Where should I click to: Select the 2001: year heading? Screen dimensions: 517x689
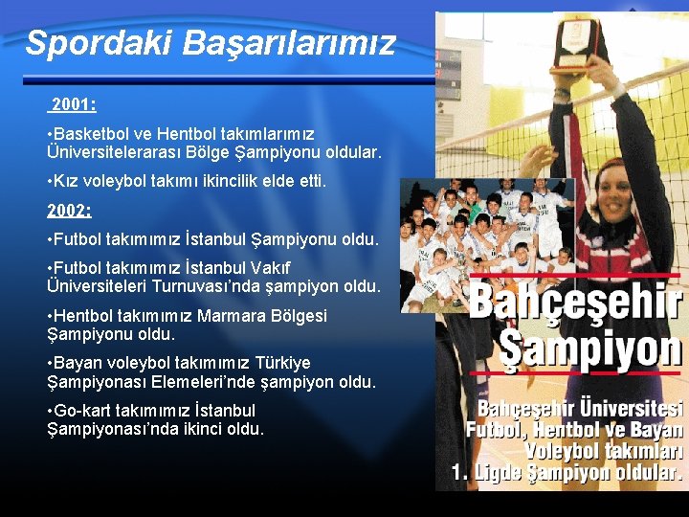point(73,103)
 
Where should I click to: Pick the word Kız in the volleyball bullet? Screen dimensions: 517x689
point(67,181)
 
